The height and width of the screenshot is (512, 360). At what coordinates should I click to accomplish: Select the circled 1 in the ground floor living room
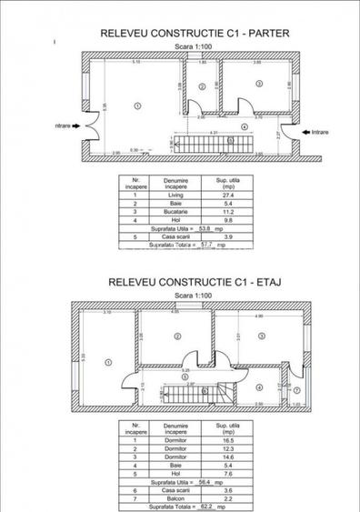(x=137, y=105)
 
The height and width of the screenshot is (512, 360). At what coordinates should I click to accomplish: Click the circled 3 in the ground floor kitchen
(x=259, y=84)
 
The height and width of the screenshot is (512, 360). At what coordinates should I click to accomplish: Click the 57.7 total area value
(x=207, y=246)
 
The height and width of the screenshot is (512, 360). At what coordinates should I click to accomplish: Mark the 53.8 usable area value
(x=207, y=226)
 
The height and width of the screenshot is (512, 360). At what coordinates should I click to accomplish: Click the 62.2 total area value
(x=207, y=505)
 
